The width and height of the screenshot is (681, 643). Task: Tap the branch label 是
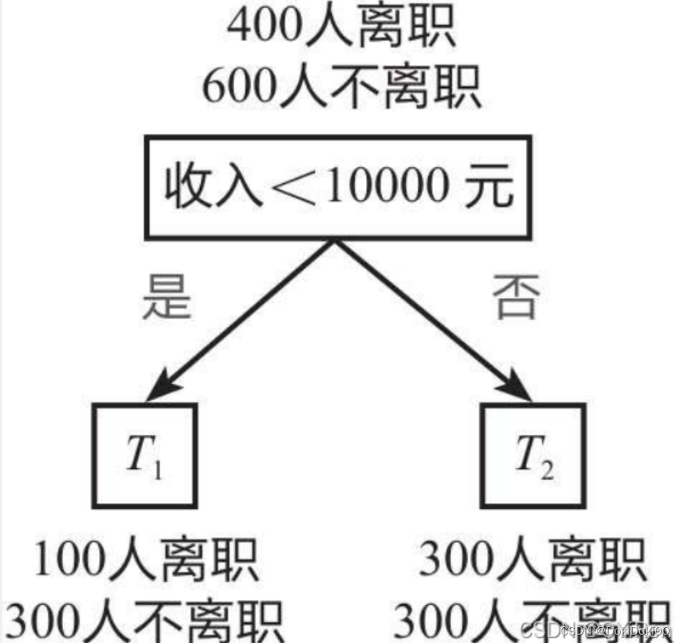tap(165, 296)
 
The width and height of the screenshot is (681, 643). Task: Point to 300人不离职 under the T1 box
tap(145, 619)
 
